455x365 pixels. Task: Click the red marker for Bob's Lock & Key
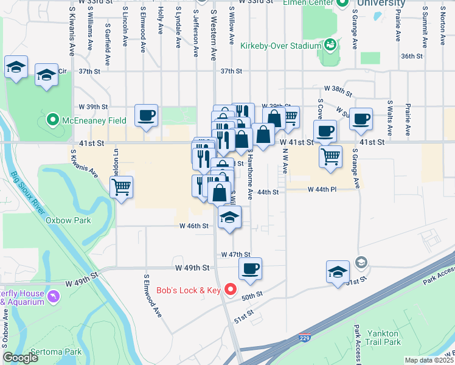pos(231,290)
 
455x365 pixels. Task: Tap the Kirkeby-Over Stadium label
pos(280,46)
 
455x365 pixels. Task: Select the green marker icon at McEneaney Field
pos(53,120)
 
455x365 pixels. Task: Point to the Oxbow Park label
pos(68,220)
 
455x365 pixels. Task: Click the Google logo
pos(20,358)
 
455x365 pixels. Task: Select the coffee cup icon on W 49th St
pos(249,268)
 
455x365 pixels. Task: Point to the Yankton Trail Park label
pos(383,338)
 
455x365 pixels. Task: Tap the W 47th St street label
pos(236,254)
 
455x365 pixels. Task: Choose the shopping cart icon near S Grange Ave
pos(330,156)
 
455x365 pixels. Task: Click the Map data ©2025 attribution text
pos(428,360)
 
